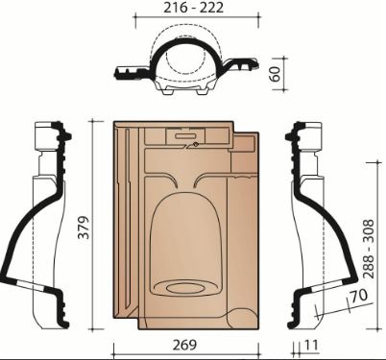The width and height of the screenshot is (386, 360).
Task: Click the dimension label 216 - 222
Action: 193,8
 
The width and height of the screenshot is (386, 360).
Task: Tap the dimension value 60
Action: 275,74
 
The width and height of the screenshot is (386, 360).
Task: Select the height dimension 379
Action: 84,228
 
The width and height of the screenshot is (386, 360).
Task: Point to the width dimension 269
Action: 184,345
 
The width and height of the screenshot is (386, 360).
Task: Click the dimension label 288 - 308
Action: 369,249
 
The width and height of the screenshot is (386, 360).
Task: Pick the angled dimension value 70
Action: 359,297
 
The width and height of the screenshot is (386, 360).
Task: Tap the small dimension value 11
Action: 311,346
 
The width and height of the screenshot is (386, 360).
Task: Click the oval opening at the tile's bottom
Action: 185,288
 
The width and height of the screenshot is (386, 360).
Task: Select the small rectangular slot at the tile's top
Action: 185,136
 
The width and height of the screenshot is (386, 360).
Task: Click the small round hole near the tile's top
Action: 195,145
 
